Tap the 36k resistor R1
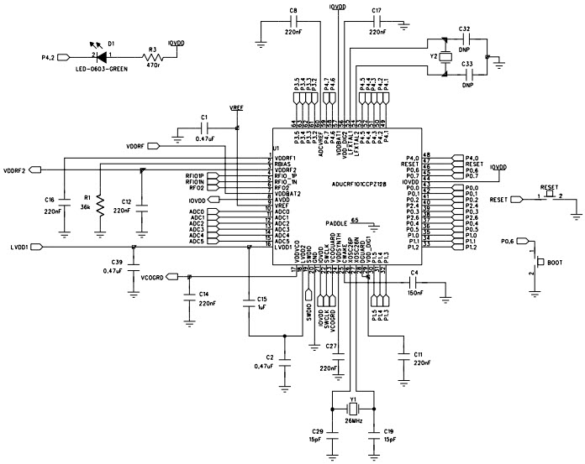(100, 203)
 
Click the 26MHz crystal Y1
(353, 409)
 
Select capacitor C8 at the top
(293, 23)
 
